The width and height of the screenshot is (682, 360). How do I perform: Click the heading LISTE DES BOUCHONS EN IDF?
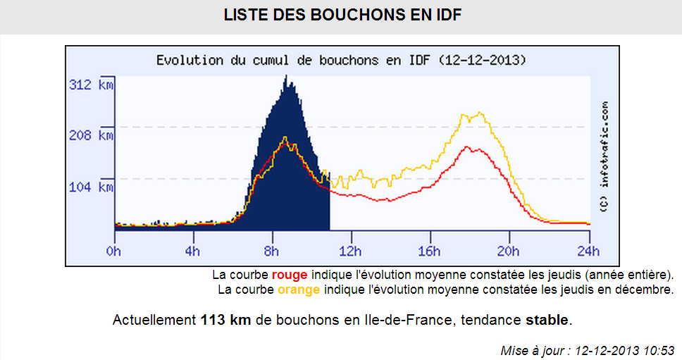(x=342, y=15)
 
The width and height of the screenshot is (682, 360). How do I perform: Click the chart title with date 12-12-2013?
(x=341, y=60)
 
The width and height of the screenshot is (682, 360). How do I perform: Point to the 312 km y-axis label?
(x=91, y=85)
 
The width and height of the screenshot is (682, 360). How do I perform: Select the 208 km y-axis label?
(x=91, y=135)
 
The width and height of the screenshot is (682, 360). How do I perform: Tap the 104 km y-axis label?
(x=91, y=187)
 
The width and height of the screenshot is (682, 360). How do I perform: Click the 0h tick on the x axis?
(x=114, y=251)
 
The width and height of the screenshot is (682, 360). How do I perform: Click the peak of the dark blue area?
(x=286, y=76)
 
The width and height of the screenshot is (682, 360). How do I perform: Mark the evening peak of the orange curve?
(x=480, y=113)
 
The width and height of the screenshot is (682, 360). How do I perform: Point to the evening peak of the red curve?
(x=476, y=147)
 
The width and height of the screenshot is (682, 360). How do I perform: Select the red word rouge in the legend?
(x=290, y=275)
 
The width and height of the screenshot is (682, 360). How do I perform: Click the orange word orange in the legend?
(x=299, y=290)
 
